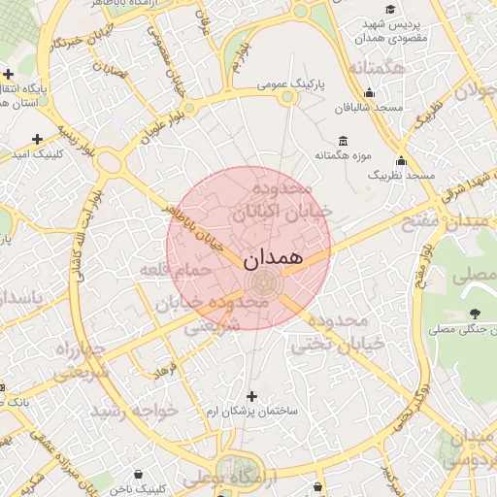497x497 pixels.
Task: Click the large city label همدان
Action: pos(269,258)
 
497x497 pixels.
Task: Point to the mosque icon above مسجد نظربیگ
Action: pos(401,160)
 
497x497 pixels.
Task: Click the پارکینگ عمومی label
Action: pos(290,85)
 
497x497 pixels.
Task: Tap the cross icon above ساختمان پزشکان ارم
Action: pos(253,396)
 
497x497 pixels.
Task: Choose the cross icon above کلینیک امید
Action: pos(38,139)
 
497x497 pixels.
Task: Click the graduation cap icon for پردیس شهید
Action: pos(390,11)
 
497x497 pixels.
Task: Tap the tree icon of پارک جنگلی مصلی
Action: pos(475,314)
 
